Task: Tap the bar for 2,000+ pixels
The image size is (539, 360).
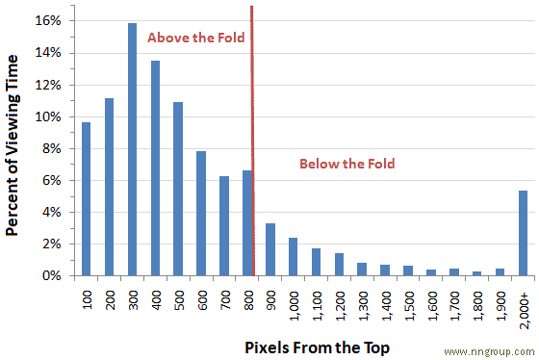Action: click(x=524, y=234)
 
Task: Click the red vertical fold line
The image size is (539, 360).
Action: click(x=252, y=144)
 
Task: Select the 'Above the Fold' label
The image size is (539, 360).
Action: click(x=196, y=39)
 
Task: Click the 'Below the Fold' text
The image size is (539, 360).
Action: click(x=347, y=165)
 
